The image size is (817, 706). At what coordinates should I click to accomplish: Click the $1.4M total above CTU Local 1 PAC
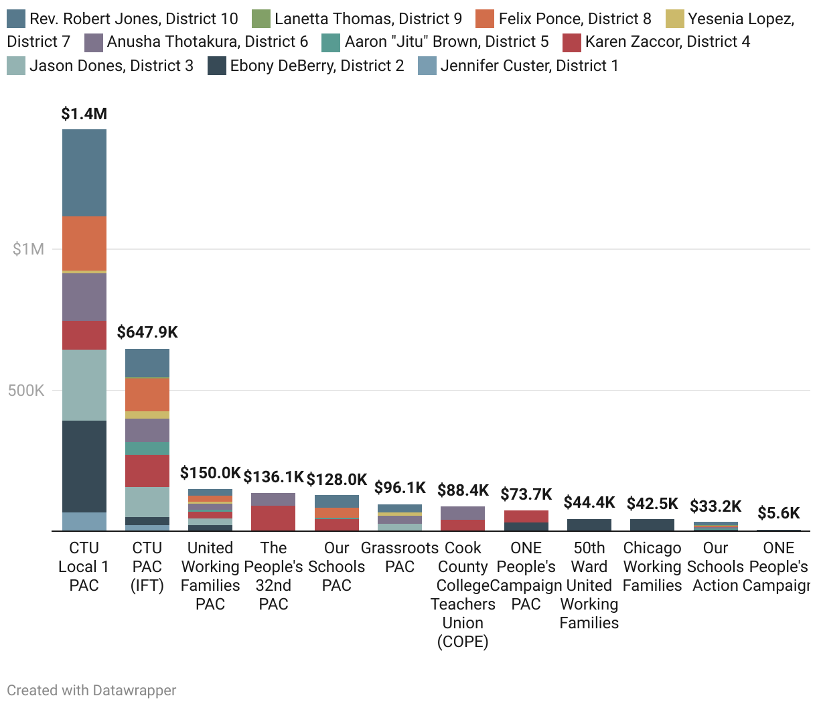[84, 114]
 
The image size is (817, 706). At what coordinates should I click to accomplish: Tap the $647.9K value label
[147, 332]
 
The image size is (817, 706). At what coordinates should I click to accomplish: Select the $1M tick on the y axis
[28, 249]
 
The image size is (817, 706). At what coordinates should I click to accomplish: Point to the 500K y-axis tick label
[26, 391]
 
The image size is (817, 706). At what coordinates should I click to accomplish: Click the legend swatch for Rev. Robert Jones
[16, 19]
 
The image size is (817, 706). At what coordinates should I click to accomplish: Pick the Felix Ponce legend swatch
[485, 19]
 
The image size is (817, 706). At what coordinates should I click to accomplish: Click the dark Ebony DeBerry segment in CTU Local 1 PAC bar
[84, 466]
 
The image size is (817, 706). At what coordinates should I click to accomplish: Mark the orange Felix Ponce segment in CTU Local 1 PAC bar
[84, 243]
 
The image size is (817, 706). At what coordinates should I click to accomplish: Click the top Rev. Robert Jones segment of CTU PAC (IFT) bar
[147, 363]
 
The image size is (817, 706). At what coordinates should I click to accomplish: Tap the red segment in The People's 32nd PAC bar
[273, 518]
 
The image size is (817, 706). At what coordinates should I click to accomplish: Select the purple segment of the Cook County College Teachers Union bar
[463, 513]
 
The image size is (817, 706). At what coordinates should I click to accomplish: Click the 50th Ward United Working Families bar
[589, 524]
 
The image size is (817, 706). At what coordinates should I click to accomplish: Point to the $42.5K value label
[652, 504]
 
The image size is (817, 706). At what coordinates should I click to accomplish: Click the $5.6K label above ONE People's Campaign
[779, 513]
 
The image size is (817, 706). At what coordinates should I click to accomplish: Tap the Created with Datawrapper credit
[92, 690]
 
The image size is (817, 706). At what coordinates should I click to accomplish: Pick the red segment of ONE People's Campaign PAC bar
[526, 516]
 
